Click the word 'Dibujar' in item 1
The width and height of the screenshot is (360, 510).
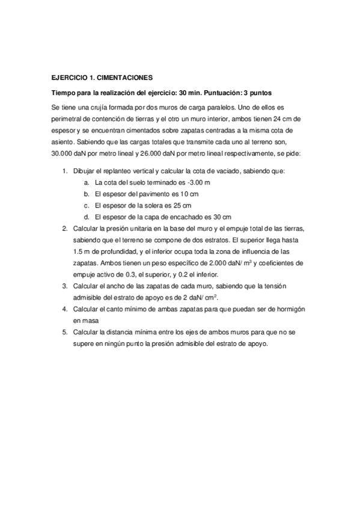tap(85, 171)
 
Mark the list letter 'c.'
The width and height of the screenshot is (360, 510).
tap(88, 205)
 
